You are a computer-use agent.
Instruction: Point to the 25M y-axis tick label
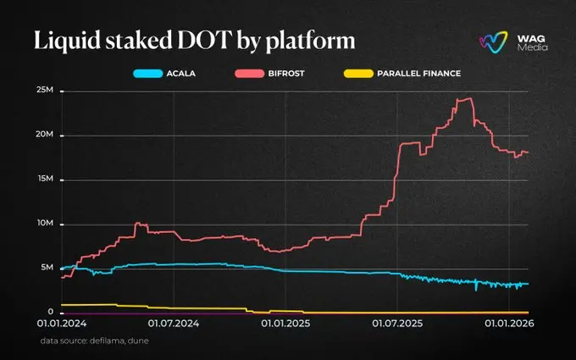click(x=44, y=91)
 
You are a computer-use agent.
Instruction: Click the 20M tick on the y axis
click(x=44, y=136)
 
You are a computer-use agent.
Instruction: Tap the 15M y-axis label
click(x=44, y=180)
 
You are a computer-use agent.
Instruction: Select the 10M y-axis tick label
click(x=44, y=224)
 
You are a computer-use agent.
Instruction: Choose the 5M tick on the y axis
click(x=47, y=269)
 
